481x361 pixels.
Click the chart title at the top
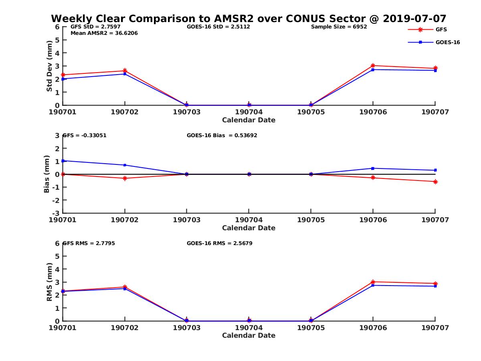point(249,19)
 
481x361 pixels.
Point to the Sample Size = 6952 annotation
point(339,27)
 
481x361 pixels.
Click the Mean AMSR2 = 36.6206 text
point(104,33)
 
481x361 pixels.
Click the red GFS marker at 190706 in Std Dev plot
point(373,65)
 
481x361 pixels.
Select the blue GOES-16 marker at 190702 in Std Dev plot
point(125,74)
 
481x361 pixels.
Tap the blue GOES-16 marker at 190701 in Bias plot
point(63,161)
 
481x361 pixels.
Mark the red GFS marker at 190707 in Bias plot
point(435,182)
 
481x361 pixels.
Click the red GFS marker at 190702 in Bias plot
point(125,178)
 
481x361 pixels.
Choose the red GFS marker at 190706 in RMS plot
point(373,282)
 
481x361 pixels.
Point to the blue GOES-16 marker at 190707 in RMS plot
point(435,286)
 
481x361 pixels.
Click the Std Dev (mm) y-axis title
point(49,66)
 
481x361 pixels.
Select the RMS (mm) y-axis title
point(49,282)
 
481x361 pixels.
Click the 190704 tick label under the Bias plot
point(249,220)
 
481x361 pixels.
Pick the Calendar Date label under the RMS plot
point(249,335)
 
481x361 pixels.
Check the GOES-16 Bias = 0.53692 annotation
point(222,135)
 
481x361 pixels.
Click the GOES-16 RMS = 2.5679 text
point(220,243)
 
